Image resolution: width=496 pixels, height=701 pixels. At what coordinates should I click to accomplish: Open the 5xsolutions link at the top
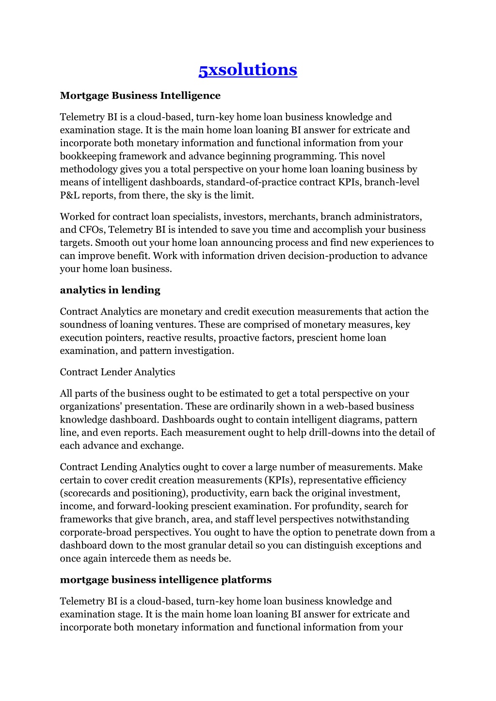coord(248,70)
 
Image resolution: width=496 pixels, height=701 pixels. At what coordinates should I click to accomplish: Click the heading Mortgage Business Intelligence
coord(140,95)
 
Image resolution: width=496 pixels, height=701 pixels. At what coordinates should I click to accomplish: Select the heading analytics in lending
coord(110,290)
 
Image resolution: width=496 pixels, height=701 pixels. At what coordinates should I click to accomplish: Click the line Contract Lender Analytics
coord(117,372)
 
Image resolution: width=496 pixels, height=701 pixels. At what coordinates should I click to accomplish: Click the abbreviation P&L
coord(69,195)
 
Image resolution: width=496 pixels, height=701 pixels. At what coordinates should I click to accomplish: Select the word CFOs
coord(91,229)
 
